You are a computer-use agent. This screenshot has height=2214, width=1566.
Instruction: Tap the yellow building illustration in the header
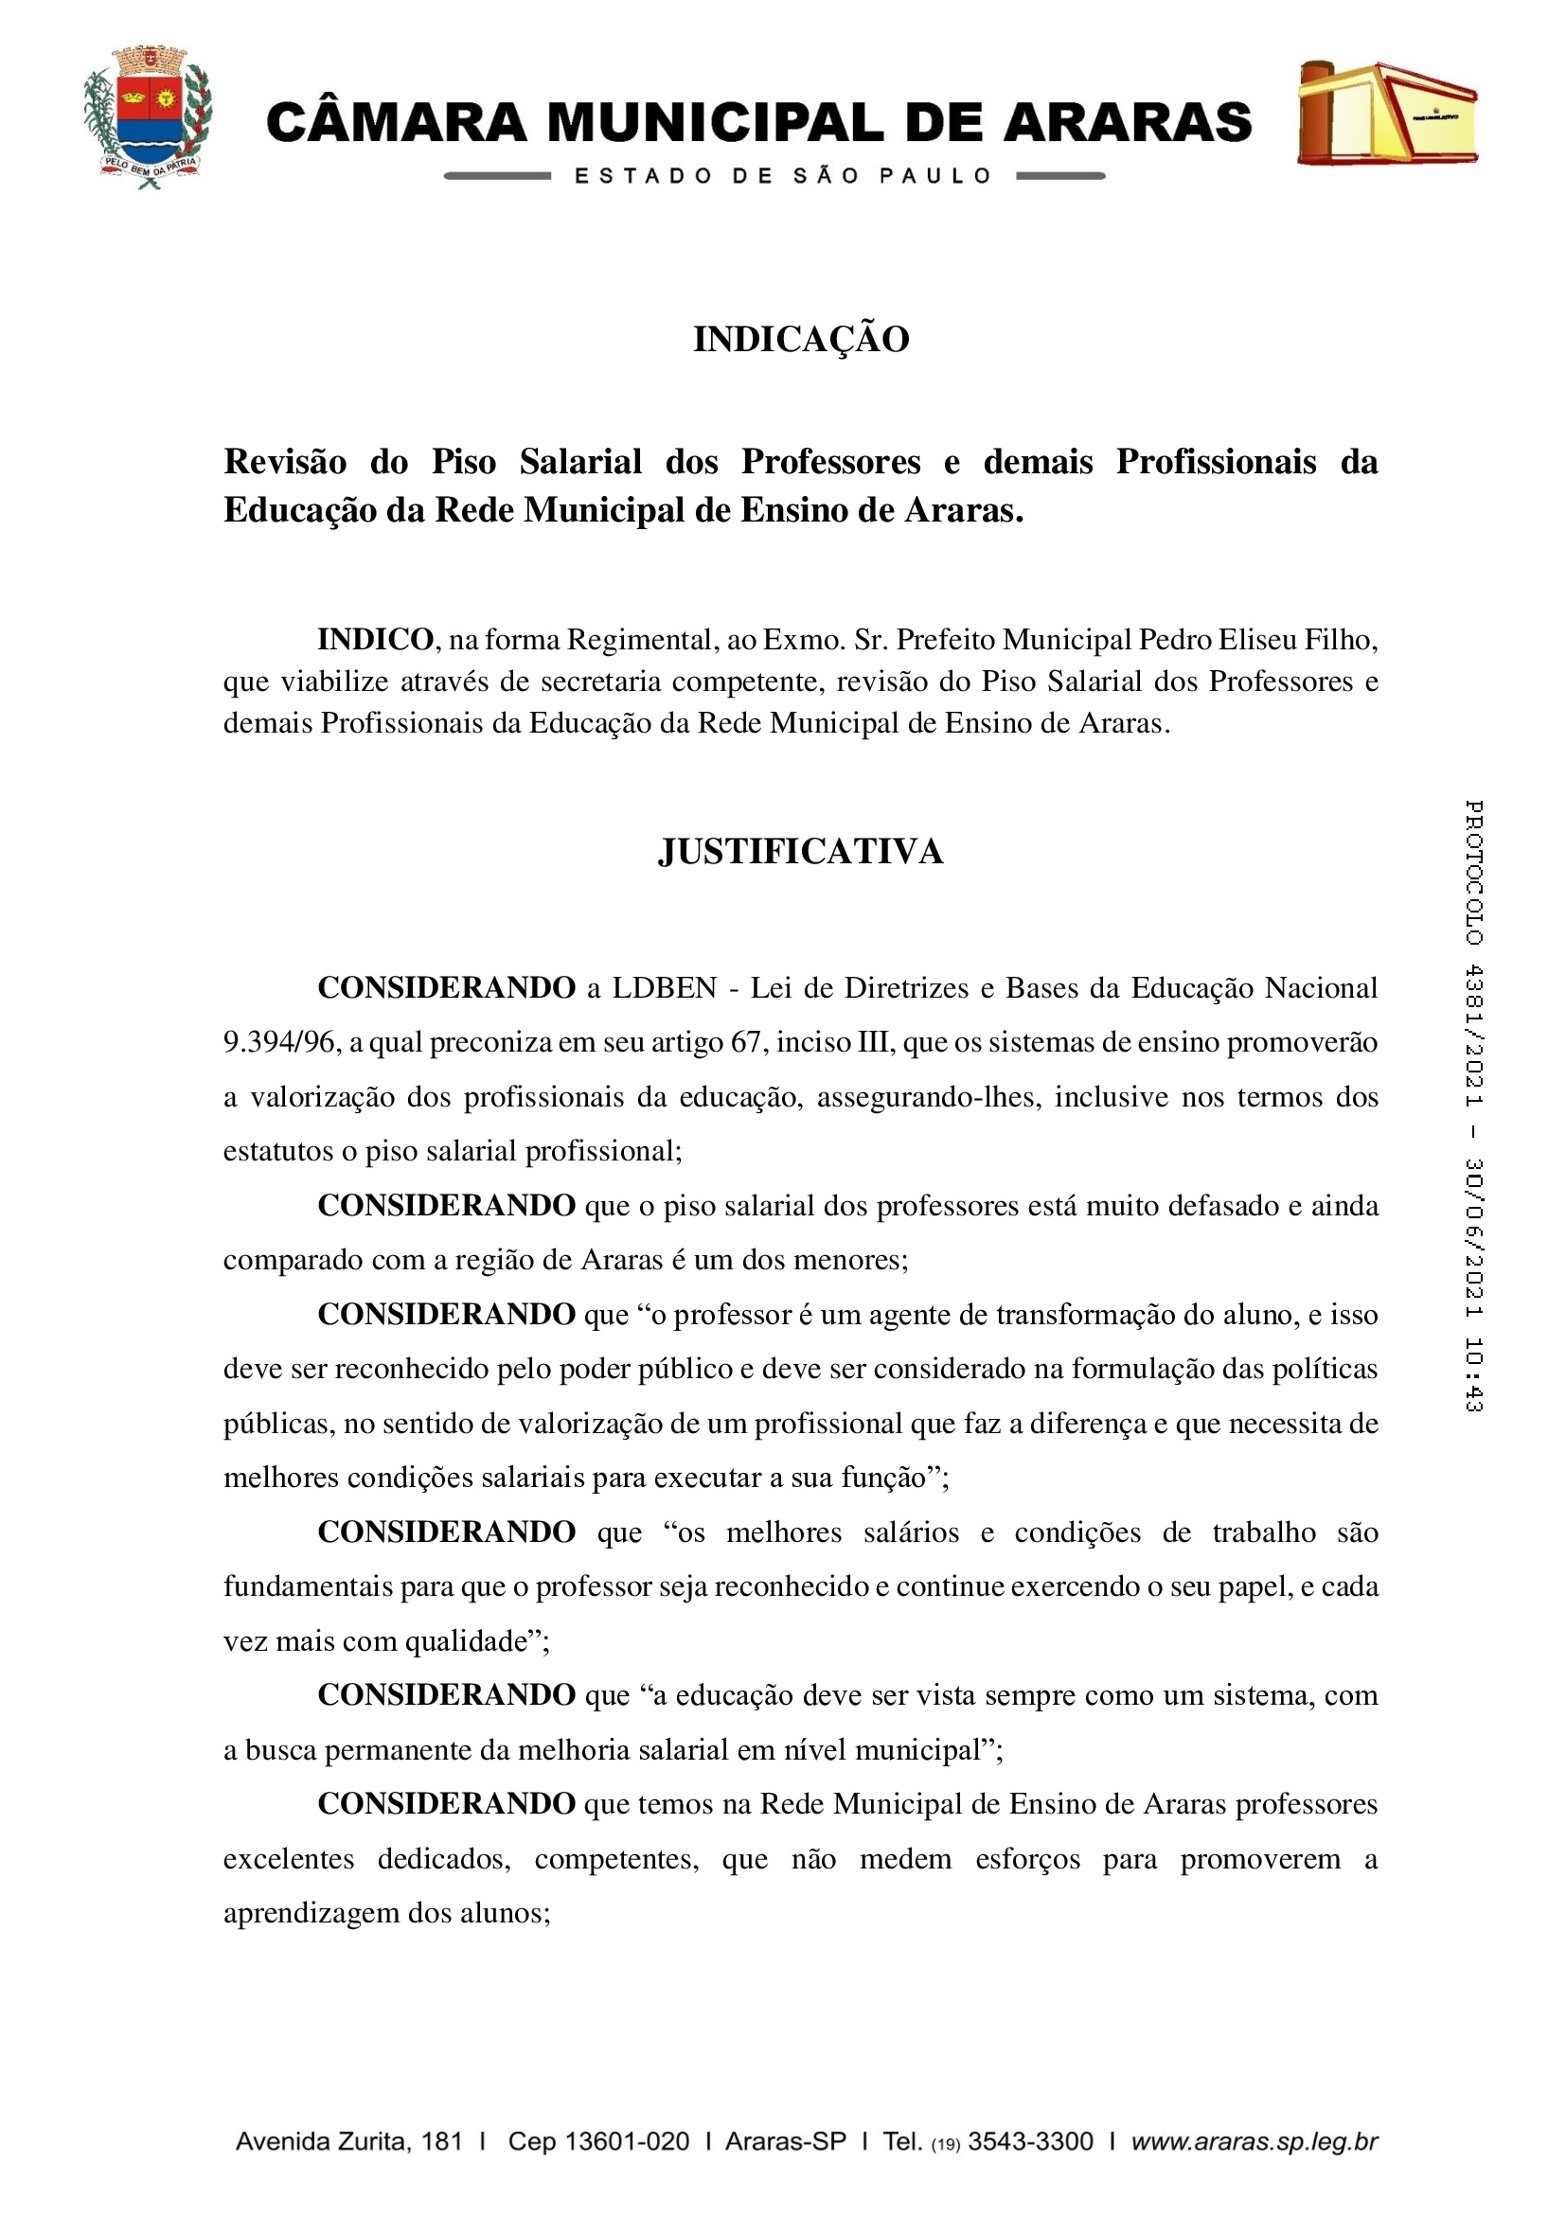pyautogui.click(x=1386, y=113)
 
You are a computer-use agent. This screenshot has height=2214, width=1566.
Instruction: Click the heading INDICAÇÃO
pyautogui.click(x=800, y=340)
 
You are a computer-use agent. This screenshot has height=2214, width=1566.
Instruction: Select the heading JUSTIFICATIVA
pyautogui.click(x=800, y=852)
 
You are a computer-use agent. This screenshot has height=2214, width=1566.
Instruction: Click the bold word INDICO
pyautogui.click(x=375, y=639)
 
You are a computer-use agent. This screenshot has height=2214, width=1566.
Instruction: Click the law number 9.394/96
pyautogui.click(x=279, y=1042)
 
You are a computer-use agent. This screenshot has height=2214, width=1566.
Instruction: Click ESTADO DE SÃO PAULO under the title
pyautogui.click(x=783, y=176)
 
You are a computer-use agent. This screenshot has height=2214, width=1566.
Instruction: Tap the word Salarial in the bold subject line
pyautogui.click(x=580, y=462)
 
